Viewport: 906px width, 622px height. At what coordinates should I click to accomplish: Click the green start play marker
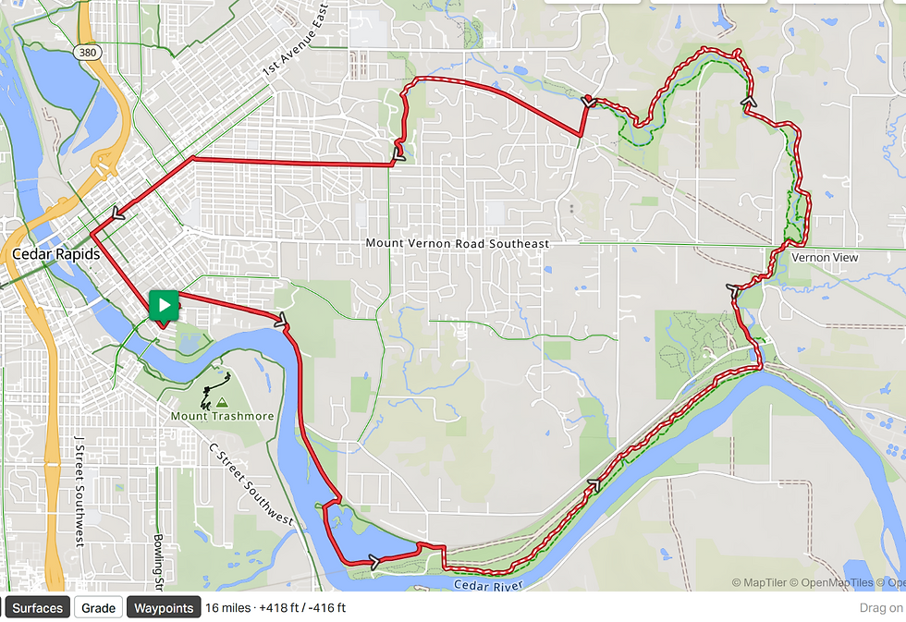(164, 305)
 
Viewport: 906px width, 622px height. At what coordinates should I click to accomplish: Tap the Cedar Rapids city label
(56, 253)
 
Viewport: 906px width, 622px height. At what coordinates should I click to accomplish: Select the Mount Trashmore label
(222, 416)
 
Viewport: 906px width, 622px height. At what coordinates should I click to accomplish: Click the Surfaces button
(38, 607)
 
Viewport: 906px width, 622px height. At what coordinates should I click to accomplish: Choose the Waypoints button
(163, 607)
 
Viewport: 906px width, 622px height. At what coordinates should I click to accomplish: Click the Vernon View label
(825, 257)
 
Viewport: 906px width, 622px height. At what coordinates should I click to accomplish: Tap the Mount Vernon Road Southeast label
(457, 243)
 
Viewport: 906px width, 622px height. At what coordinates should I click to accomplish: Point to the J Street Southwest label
(80, 490)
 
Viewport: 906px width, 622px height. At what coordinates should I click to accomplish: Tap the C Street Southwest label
(251, 485)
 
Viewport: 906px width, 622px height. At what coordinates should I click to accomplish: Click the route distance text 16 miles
(227, 607)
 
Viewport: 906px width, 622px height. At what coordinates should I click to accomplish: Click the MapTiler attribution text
(762, 583)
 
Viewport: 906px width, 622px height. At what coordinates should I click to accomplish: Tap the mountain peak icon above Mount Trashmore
(222, 403)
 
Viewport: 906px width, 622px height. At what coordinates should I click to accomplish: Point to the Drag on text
(880, 607)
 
